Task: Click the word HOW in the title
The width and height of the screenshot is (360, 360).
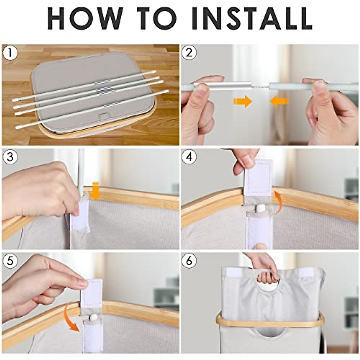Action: (x=85, y=18)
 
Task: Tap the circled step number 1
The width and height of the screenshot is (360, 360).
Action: (x=10, y=53)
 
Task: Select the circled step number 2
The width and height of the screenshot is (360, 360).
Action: (x=189, y=53)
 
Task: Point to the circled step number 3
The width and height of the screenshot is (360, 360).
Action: (x=10, y=157)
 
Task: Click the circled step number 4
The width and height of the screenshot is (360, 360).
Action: (x=189, y=157)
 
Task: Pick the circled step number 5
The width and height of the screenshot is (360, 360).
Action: (x=10, y=261)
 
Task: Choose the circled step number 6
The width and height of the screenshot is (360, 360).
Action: (x=189, y=261)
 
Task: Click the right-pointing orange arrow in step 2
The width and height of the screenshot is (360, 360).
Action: (x=243, y=101)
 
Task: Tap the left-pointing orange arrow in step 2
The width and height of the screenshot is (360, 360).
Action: (x=279, y=101)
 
